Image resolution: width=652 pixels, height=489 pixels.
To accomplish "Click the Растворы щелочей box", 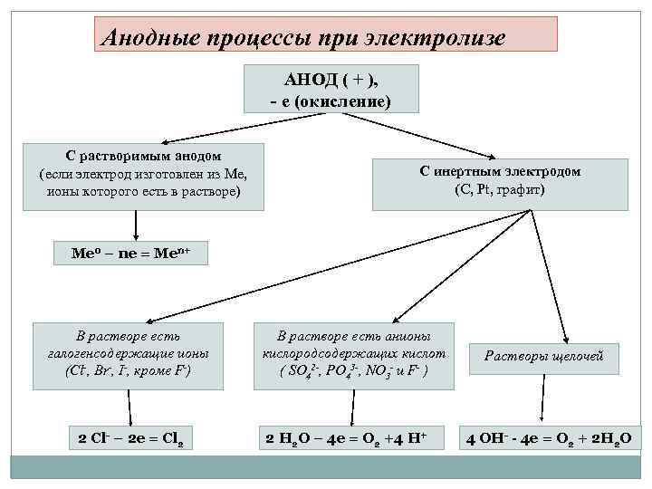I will point(544,357).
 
